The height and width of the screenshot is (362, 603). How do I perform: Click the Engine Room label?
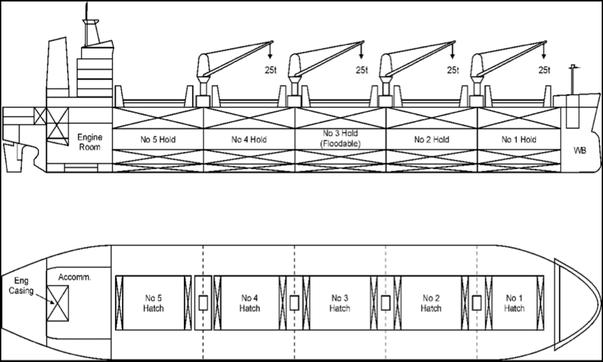coord(90,142)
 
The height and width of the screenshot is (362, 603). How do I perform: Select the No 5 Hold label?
coord(158,140)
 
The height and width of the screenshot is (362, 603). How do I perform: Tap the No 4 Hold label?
coord(249,140)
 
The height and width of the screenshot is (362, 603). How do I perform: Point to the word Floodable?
coord(340,144)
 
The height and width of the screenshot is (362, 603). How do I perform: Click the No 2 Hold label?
coord(432,140)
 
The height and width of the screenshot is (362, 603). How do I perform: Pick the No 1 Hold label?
coord(519,140)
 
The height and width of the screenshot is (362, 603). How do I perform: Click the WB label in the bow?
coord(580,150)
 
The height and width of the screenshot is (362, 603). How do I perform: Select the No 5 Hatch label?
coord(153,303)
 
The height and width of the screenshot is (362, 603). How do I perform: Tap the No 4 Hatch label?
coord(249,303)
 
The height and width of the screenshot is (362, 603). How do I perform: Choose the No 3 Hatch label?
coord(340,303)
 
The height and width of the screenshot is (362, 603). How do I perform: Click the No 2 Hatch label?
coord(431,303)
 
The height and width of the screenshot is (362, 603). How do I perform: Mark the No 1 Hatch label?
coord(514,303)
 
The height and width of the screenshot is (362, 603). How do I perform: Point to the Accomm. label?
coord(75,277)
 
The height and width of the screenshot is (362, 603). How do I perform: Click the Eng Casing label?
coord(21,286)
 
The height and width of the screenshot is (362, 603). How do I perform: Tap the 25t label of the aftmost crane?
coord(270,70)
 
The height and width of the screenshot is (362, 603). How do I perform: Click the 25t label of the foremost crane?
coord(544,70)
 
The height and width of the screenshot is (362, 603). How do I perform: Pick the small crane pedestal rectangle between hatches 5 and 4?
coord(203,303)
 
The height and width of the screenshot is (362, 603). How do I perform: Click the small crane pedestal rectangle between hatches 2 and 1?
coord(477,303)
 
